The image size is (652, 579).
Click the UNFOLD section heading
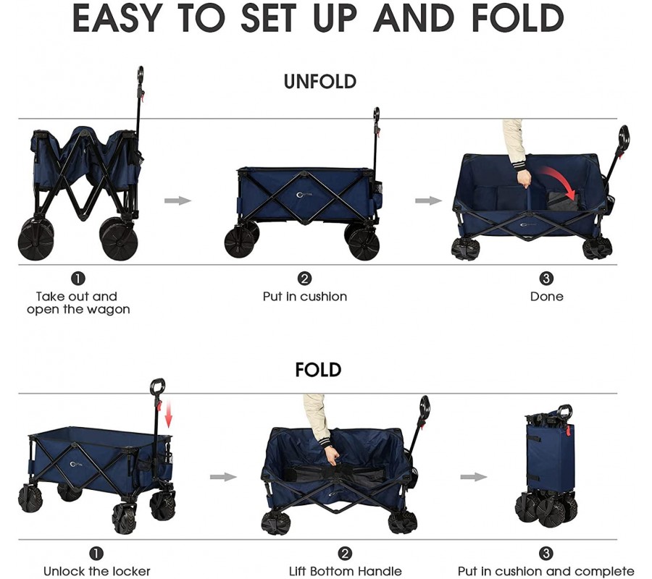319,81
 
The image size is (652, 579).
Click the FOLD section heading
318,370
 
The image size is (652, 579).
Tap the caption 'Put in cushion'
305,297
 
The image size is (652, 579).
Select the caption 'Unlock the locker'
97,571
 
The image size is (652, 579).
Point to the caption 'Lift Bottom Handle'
345,571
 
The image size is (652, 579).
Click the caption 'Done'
546,297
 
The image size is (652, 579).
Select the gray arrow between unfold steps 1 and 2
177,200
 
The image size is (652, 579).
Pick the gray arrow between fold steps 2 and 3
474,476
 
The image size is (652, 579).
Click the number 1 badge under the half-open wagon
78,279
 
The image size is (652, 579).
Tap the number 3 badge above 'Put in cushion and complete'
546,553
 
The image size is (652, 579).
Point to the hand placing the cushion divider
524,179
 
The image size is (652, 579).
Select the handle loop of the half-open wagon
141,75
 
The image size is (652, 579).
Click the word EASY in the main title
117,19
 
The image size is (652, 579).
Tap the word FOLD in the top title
518,19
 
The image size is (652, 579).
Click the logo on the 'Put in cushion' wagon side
305,195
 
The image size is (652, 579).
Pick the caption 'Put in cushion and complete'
546,571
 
